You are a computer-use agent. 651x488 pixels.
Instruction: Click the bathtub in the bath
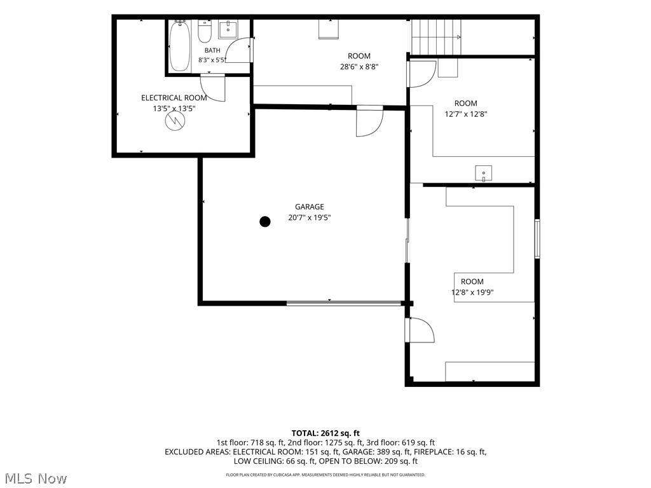(x=180, y=46)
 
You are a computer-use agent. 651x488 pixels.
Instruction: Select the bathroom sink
(x=228, y=29)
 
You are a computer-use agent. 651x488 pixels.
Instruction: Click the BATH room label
(x=212, y=50)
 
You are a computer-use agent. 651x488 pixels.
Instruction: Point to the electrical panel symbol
(x=175, y=121)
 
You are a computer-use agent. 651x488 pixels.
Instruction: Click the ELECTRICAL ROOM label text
(x=174, y=98)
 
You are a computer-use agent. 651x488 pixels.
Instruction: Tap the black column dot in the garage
(x=265, y=222)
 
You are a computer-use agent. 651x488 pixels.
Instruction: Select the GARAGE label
(x=310, y=207)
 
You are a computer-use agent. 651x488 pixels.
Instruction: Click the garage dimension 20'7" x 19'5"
(x=310, y=217)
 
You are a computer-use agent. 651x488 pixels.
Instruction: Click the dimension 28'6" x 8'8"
(x=359, y=67)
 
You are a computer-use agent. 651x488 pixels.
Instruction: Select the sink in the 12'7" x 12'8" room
(x=483, y=173)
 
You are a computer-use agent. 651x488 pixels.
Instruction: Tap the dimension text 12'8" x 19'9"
(x=472, y=292)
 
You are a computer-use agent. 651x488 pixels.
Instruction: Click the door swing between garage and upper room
(x=369, y=121)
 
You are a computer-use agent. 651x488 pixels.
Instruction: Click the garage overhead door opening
(x=344, y=304)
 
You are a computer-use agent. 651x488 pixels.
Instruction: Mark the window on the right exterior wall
(x=537, y=239)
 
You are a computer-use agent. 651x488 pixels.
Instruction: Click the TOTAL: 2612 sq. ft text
(x=325, y=433)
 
